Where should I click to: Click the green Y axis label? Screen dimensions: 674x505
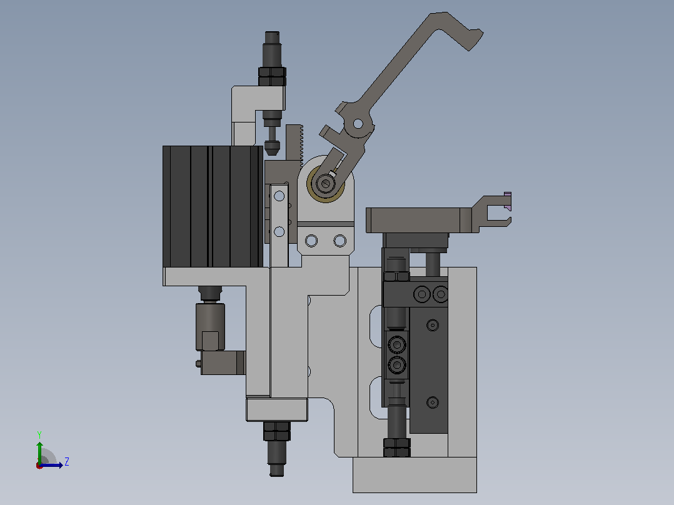click(39, 434)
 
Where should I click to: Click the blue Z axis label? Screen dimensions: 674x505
click(67, 462)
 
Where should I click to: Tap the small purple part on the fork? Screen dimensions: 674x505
click(508, 201)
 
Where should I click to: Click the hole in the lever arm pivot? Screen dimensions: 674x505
click(358, 124)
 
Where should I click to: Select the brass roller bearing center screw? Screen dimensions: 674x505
click(325, 184)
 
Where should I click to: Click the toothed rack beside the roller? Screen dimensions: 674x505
click(295, 143)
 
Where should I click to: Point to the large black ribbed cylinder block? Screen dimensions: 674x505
click(213, 206)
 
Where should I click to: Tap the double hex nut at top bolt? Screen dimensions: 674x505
click(272, 76)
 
